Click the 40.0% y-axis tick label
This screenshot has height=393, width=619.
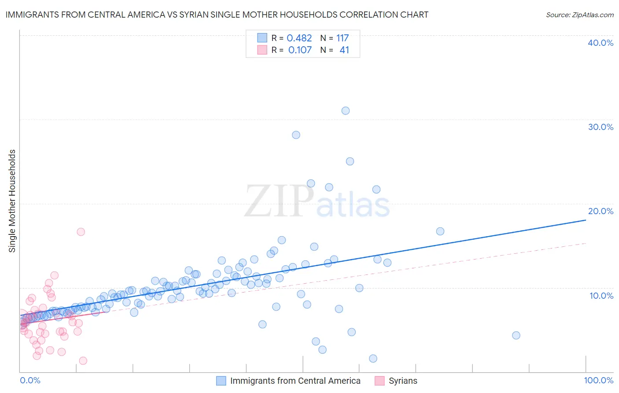[x=601, y=43]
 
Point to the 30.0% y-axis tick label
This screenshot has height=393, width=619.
[x=601, y=127]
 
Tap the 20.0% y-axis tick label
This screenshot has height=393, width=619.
[x=601, y=211]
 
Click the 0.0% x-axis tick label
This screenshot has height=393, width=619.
[x=30, y=381]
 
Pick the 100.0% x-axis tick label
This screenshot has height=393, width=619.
[x=598, y=381]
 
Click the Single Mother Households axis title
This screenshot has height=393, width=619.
[x=12, y=201]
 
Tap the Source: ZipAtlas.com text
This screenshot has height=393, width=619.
[x=579, y=15]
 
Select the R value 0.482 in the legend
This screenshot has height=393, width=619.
[x=299, y=38]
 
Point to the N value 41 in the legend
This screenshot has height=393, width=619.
[x=344, y=50]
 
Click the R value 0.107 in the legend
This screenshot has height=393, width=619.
[x=300, y=50]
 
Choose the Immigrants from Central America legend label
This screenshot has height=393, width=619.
[x=295, y=381]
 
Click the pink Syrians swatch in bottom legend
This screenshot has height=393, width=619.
[x=379, y=381]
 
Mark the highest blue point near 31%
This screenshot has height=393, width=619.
[x=346, y=111]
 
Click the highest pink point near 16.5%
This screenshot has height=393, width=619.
[x=81, y=232]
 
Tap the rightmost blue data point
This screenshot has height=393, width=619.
[x=516, y=335]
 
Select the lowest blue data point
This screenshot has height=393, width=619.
[x=373, y=359]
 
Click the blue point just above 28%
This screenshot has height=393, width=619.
[x=296, y=135]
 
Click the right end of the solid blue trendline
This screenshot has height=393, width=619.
[x=586, y=219]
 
